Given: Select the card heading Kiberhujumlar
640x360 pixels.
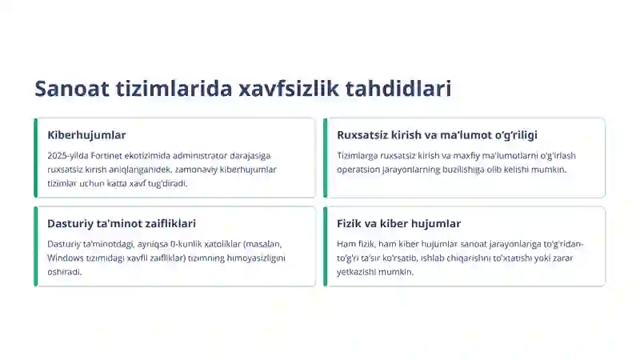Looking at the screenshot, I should [x=86, y=135].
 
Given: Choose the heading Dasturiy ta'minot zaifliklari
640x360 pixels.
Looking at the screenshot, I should [x=122, y=224].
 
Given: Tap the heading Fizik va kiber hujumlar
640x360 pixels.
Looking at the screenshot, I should [x=399, y=224].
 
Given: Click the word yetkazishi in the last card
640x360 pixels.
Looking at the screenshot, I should [x=357, y=272].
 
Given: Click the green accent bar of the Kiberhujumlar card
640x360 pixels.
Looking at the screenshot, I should [x=35, y=158].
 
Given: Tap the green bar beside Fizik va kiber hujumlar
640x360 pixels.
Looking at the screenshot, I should [x=325, y=246].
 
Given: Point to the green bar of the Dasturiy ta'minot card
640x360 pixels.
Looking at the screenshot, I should [x=35, y=246].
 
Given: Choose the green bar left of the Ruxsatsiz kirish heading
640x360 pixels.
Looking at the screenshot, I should [x=325, y=158].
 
